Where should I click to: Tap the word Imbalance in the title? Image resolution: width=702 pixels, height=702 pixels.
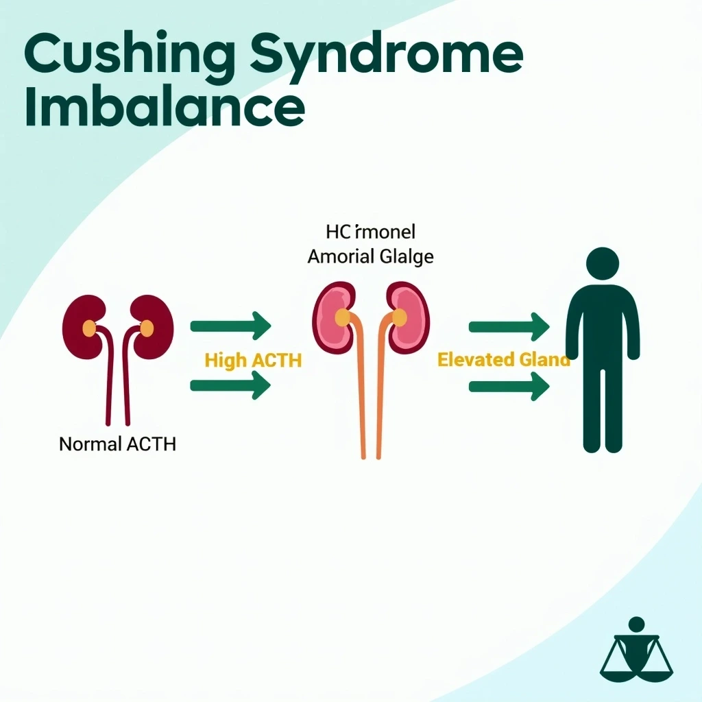click(x=164, y=108)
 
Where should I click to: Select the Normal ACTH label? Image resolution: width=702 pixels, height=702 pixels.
click(x=117, y=444)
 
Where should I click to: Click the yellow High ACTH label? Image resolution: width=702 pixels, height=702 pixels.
click(x=253, y=360)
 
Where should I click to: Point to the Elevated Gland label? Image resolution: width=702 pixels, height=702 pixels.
click(x=503, y=359)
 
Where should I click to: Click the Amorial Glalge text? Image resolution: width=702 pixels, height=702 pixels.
click(x=370, y=257)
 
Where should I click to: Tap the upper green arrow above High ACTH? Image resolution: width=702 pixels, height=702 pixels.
click(x=230, y=326)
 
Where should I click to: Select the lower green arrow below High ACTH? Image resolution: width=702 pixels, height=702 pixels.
click(x=230, y=385)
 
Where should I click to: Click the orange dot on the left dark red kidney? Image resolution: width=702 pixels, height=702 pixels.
click(x=89, y=328)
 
